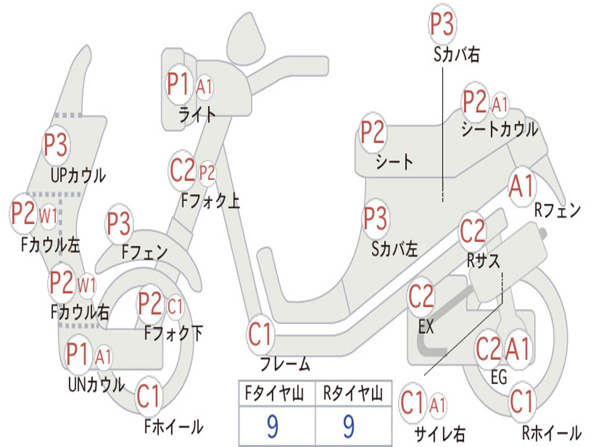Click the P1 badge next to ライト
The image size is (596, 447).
[179, 84]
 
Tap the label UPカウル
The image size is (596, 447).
[79, 176]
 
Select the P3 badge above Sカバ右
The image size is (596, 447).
[442, 24]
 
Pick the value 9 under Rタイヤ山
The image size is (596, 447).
[349, 426]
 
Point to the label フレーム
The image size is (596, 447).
[285, 364]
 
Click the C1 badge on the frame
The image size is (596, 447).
[260, 335]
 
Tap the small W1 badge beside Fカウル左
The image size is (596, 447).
[48, 217]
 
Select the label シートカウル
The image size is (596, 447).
[500, 130]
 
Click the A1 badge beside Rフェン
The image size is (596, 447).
[523, 186]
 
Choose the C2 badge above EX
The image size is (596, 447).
[421, 297]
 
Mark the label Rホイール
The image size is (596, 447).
[552, 433]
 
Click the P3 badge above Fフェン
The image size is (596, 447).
[119, 223]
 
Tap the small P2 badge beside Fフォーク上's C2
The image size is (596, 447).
[207, 173]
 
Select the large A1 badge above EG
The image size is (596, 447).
[518, 349]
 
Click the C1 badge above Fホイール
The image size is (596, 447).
[148, 396]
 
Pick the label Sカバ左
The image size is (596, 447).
[394, 249]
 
